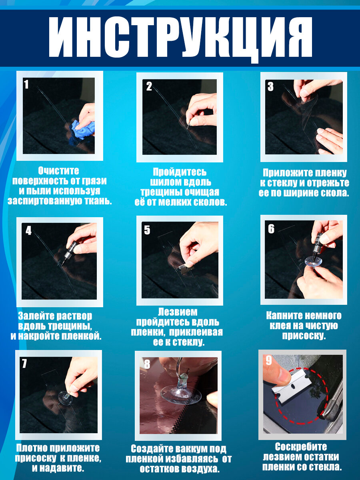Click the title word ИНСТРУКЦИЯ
click(x=180, y=37)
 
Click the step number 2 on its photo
click(x=149, y=86)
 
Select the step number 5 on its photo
click(x=147, y=230)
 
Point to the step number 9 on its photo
click(x=269, y=360)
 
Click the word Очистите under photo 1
click(x=58, y=171)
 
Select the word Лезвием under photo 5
click(x=178, y=312)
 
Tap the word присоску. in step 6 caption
click(x=304, y=336)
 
